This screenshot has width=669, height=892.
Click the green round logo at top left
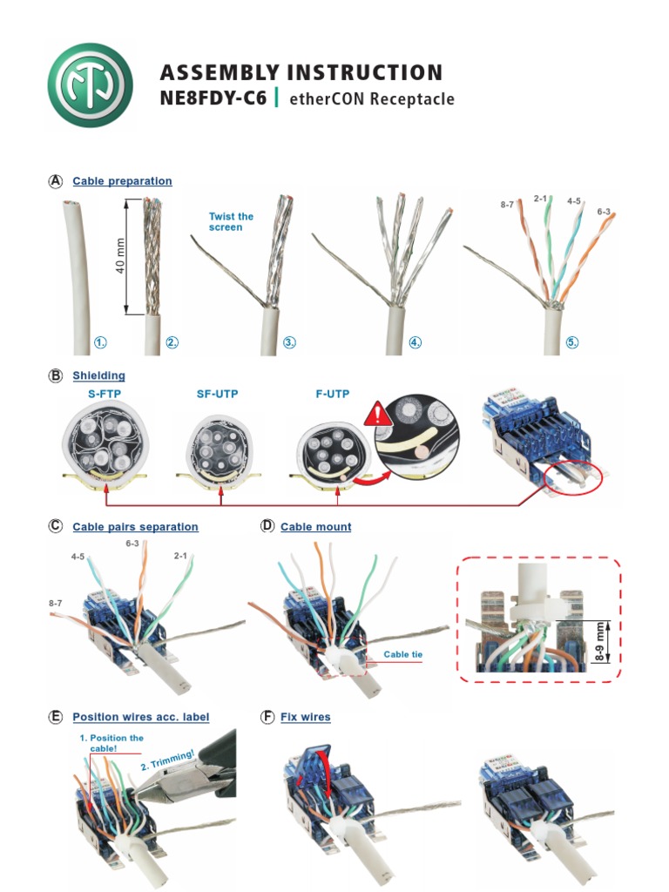pos(91,85)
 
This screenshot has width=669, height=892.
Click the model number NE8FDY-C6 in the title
pos(213,98)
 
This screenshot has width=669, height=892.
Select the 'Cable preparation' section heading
pos(122,181)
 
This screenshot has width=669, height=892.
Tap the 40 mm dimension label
pos(121,255)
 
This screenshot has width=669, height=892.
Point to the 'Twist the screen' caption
pos(231,222)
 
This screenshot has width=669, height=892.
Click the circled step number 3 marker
pos(290,342)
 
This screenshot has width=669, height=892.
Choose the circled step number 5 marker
pos(572,342)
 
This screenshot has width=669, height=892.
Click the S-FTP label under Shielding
pos(104,395)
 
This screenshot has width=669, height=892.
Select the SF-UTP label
pos(217,395)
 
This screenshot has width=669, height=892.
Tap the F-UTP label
pos(332,395)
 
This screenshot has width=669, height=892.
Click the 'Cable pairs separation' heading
pos(135,527)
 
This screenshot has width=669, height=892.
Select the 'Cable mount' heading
pos(315,527)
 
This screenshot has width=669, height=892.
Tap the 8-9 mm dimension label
pos(599,642)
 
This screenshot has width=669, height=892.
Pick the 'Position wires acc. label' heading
pos(140,717)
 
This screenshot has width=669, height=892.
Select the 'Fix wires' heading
pos(305,717)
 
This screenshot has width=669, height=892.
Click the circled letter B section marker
pos(56,376)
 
